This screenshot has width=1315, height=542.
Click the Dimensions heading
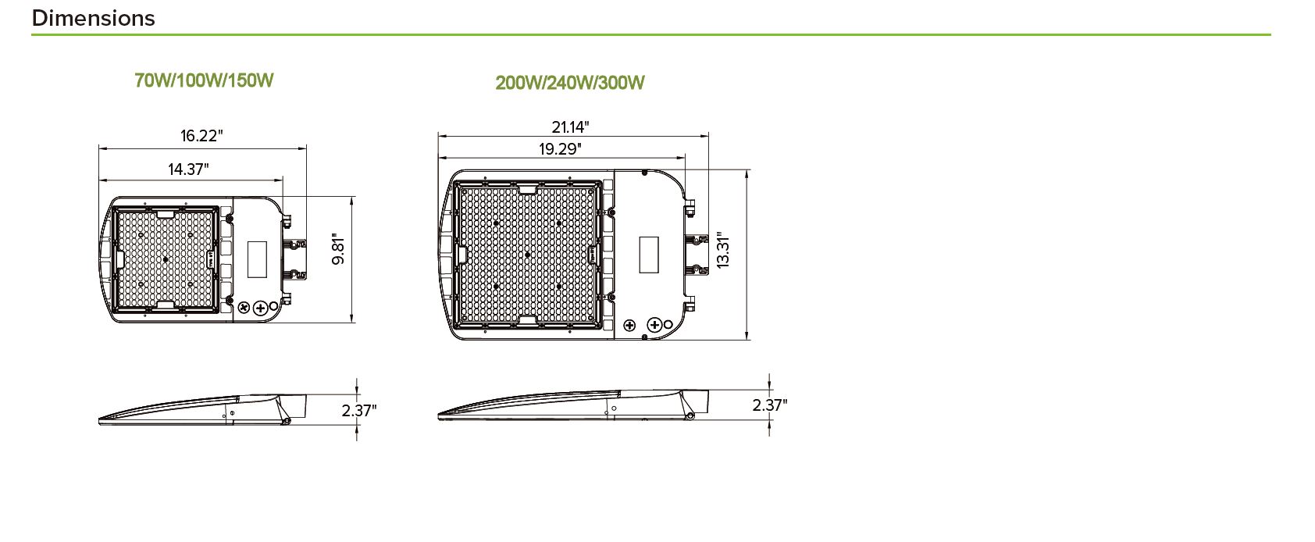94,18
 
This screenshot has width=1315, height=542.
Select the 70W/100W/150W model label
204,80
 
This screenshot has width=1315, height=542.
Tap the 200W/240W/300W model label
570,83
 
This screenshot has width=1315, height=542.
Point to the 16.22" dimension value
201,136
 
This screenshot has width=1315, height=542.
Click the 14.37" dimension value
188,169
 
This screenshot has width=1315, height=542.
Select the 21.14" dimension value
570,127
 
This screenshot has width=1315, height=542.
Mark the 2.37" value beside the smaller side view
359,410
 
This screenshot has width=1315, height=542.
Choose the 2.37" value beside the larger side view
770,405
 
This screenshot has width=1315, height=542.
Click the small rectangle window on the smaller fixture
256,259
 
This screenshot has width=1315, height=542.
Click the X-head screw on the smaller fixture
244,308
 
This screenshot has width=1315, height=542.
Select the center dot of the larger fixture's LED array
527,255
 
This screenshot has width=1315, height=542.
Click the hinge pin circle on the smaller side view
286,421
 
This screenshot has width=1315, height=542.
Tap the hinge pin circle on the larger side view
690,416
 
